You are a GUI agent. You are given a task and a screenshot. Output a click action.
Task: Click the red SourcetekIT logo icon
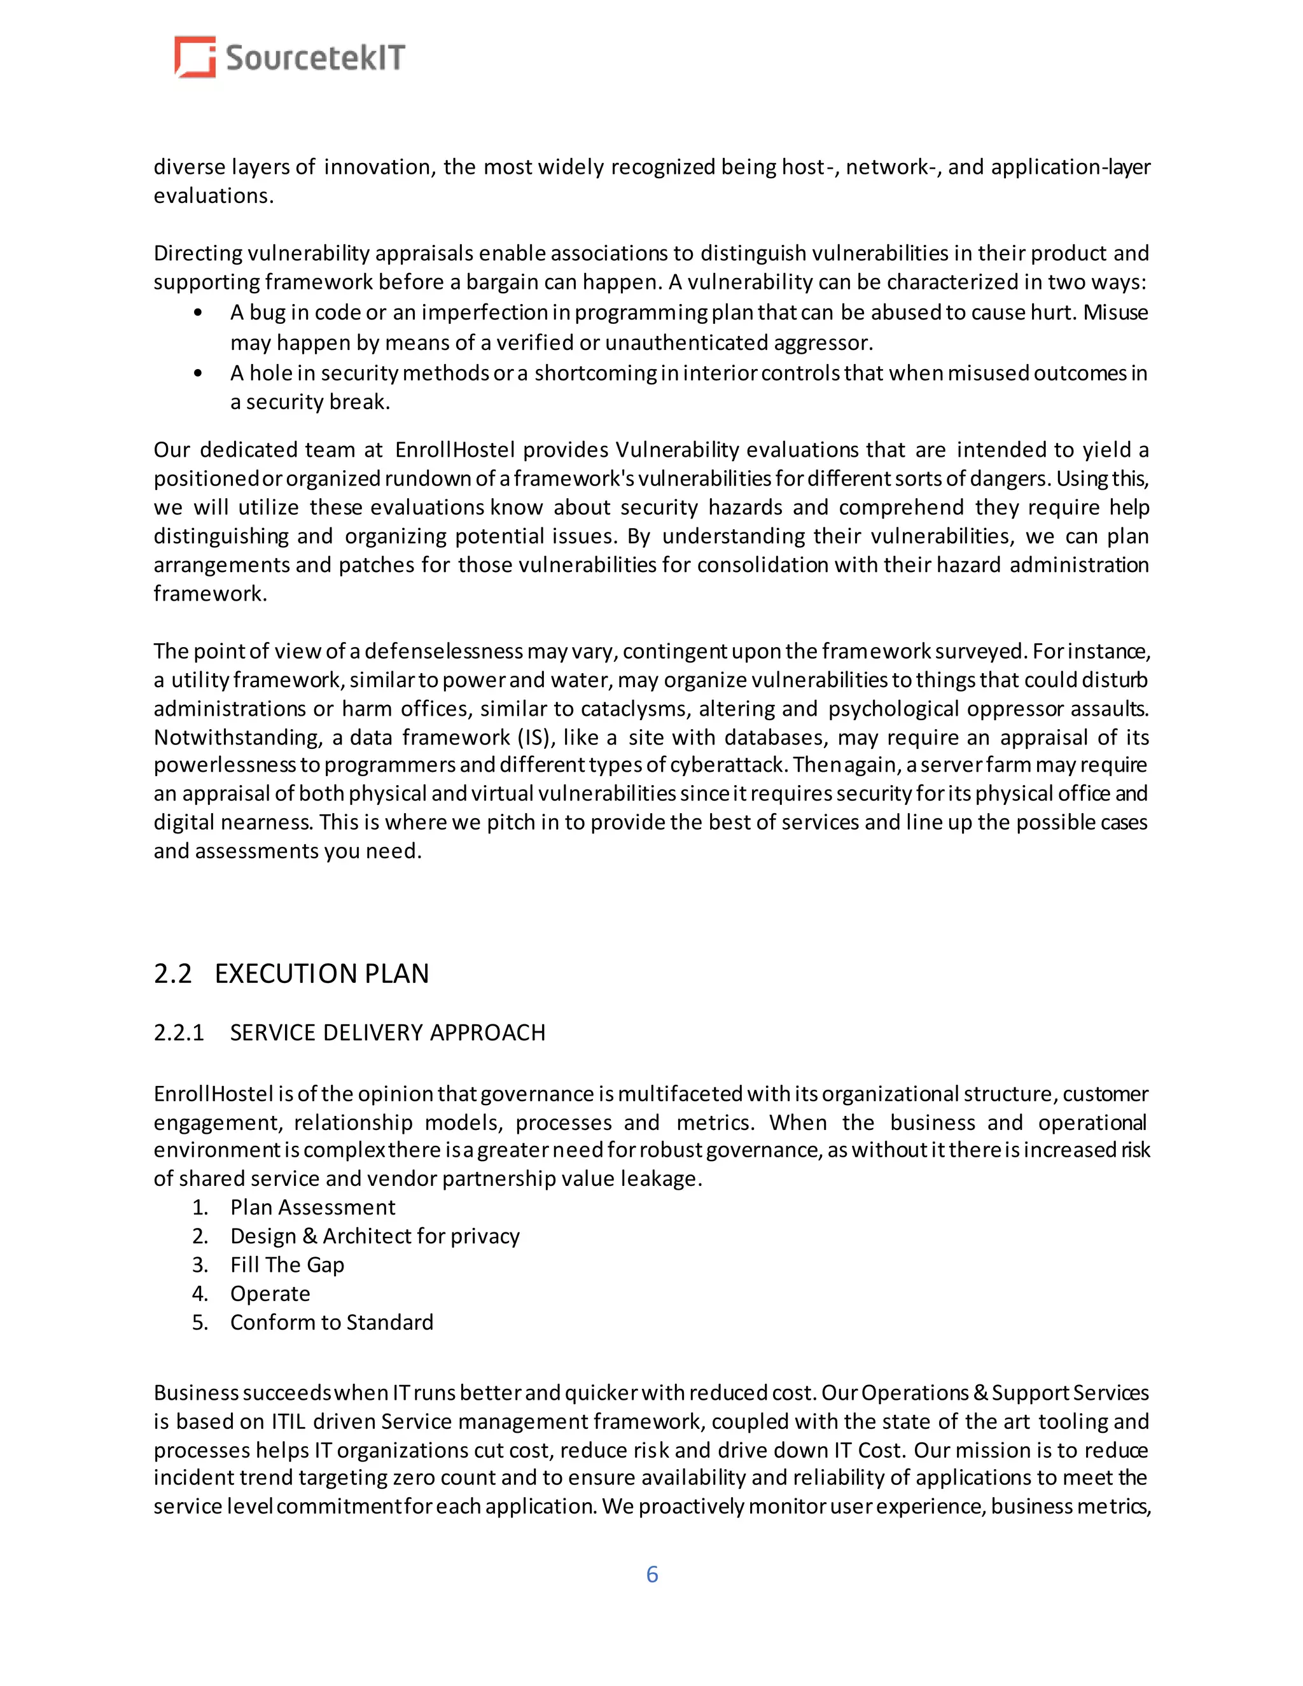tap(195, 57)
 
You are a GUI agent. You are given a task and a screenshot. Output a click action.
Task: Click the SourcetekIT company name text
tap(315, 58)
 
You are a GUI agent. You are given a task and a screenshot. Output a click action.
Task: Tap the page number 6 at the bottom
tap(651, 1574)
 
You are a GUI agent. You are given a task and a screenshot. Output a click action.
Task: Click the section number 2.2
tap(172, 973)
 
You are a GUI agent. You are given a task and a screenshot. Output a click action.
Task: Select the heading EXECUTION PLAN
tap(321, 973)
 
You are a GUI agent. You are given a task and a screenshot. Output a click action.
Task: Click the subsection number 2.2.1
tap(178, 1032)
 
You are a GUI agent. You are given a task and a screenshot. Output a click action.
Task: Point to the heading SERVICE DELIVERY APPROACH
tap(387, 1032)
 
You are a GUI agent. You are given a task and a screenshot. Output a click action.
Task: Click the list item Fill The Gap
tap(286, 1265)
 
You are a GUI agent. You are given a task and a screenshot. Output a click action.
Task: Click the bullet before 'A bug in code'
tap(199, 312)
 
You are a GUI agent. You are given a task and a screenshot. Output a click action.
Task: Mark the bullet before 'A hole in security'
tap(199, 373)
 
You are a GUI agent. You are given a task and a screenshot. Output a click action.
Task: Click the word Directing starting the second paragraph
tap(198, 253)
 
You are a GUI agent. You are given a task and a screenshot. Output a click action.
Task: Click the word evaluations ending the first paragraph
tap(213, 196)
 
